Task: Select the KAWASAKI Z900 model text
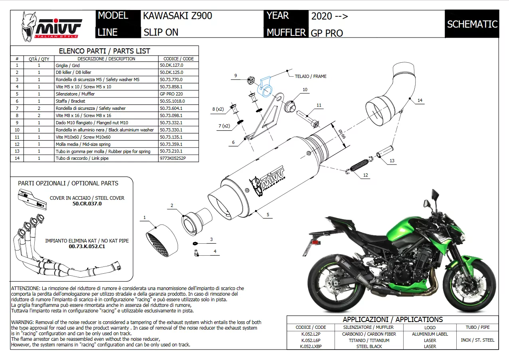pyautogui.click(x=178, y=16)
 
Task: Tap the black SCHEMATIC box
pyautogui.click(x=472, y=24)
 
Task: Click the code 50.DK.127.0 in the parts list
pyautogui.click(x=171, y=65)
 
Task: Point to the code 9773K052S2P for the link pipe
pyautogui.click(x=173, y=159)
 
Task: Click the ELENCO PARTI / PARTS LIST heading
pyautogui.click(x=104, y=51)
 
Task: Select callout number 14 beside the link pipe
pyautogui.click(x=420, y=101)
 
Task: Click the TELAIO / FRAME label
pyautogui.click(x=310, y=76)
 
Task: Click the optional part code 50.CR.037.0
pyautogui.click(x=87, y=204)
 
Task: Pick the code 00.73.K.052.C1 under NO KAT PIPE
pyautogui.click(x=87, y=247)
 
